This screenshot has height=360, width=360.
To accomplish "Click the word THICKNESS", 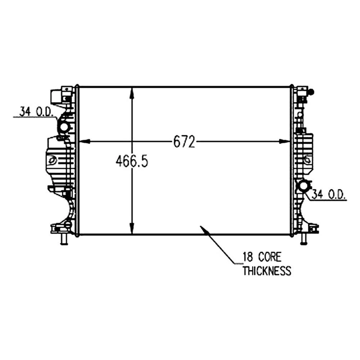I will click(266, 271).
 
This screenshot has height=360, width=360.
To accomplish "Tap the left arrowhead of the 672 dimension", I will click(83, 142).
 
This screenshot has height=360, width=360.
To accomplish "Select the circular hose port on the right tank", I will click(303, 186).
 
